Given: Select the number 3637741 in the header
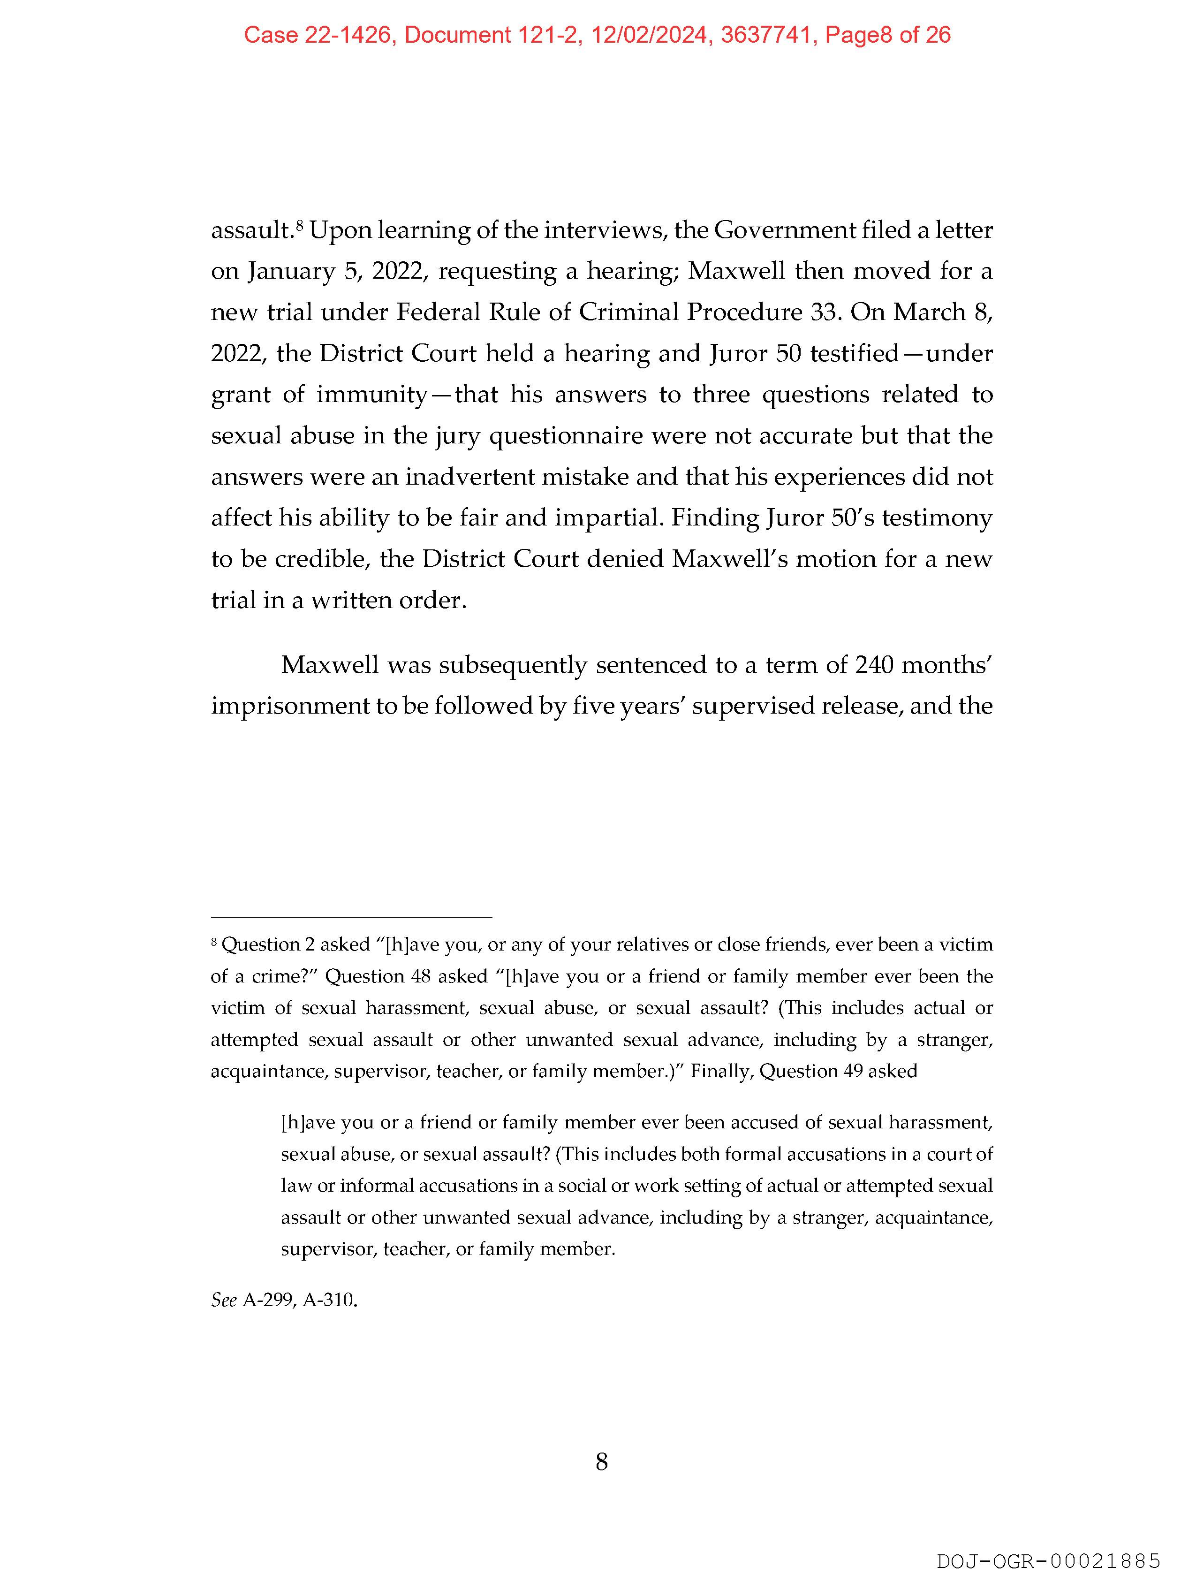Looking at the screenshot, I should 766,35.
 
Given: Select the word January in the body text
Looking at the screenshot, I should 290,271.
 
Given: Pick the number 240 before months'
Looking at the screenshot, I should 873,664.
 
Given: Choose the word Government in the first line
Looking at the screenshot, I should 784,230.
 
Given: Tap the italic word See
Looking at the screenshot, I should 224,1300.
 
